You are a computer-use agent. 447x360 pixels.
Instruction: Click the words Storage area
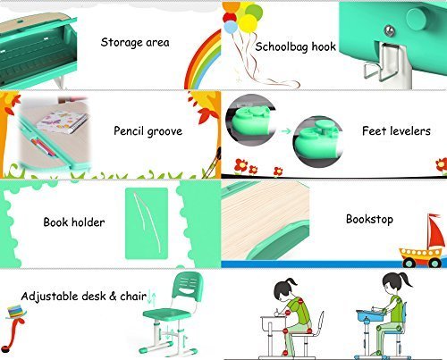pos(135,42)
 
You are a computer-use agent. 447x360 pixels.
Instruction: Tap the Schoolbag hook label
pos(295,46)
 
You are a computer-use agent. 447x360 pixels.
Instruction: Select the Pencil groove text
pos(148,131)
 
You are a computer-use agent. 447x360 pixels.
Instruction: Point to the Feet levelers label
pos(396,130)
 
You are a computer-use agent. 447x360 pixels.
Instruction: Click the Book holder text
pos(74,222)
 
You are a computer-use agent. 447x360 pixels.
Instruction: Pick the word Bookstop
pos(369,219)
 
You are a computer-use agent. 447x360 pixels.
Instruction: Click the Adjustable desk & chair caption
pos(84,296)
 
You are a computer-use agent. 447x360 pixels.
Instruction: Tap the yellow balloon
pos(248,23)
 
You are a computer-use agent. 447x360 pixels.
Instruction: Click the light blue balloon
pos(231,27)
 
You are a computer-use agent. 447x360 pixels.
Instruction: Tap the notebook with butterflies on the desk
pos(62,121)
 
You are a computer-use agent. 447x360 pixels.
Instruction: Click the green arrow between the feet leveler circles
pos(286,131)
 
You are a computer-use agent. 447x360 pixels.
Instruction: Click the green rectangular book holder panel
pos(147,223)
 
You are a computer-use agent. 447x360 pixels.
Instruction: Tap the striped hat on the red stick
pos(16,312)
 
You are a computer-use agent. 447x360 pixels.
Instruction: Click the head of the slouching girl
pos(284,289)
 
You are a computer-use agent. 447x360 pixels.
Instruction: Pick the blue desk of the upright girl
pos(370,314)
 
